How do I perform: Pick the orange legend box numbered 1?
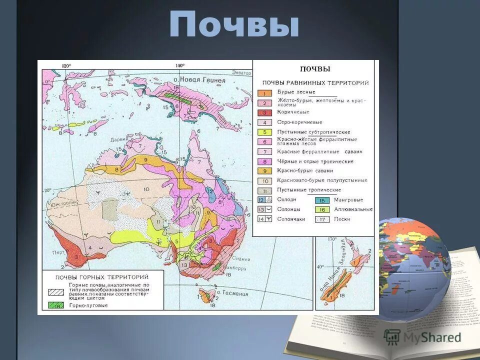(x=264, y=92)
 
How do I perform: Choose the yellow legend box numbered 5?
(x=264, y=132)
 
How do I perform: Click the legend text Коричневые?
(x=293, y=112)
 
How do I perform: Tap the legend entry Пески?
(x=343, y=219)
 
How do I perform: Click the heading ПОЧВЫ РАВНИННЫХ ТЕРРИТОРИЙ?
(x=315, y=82)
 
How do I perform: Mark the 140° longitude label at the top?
(x=180, y=65)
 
